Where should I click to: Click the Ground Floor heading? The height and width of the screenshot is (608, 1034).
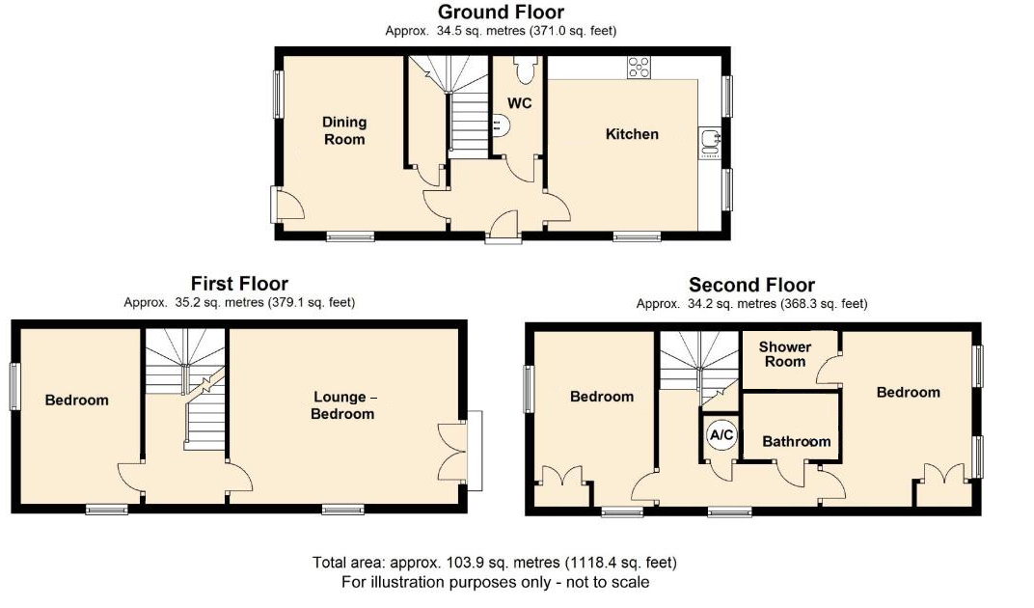pos(501,12)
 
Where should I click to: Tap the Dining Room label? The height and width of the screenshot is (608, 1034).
pos(344,130)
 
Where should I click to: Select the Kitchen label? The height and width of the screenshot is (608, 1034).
pos(632,134)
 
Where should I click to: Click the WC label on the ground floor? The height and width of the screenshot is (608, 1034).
pos(520,102)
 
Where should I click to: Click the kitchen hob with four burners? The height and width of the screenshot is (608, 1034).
pos(639,67)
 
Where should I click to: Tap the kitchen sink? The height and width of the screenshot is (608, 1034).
pos(710,142)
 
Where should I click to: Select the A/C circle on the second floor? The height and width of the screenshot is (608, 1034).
pos(721,435)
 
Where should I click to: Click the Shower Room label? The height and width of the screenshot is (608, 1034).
pos(784,354)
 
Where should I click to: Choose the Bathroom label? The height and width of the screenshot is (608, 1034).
pos(796,441)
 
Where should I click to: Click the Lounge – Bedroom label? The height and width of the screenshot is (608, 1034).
pos(343,405)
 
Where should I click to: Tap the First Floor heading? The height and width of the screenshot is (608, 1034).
pos(239,283)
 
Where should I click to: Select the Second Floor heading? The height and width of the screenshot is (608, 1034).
pos(751,285)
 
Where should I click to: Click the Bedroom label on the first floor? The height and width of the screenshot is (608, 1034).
pos(77,400)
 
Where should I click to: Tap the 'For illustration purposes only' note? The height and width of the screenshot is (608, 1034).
pos(495,582)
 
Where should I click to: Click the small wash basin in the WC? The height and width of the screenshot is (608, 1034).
pos(499,124)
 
